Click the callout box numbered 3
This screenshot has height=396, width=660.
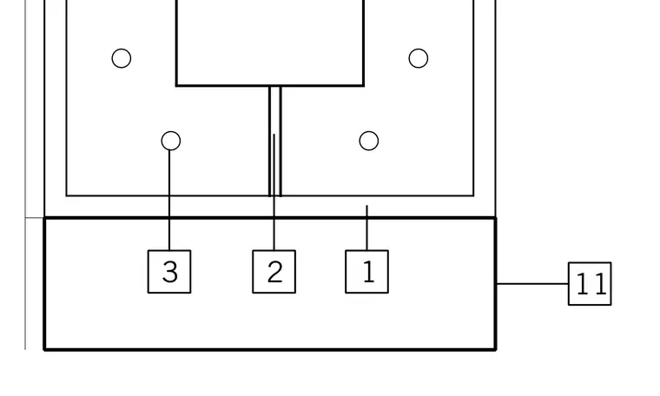point(169,272)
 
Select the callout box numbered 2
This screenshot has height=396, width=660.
point(274,272)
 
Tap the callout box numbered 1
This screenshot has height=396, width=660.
point(367,272)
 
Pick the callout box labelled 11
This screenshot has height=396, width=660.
point(590,284)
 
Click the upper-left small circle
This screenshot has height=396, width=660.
point(122,58)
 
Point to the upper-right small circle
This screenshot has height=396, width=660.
point(419,58)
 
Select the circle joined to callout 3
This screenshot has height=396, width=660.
point(171,141)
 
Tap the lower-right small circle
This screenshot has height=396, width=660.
point(369,141)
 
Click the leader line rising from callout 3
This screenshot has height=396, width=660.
point(169,201)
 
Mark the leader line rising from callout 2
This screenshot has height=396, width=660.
point(274,192)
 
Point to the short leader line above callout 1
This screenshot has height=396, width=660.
point(367,228)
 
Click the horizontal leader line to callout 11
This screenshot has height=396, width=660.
point(532,284)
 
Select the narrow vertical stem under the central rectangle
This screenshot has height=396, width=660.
point(275,141)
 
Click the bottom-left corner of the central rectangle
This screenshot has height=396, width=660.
point(176,85)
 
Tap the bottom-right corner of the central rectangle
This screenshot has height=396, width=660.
point(364,85)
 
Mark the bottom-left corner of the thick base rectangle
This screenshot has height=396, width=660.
point(44,349)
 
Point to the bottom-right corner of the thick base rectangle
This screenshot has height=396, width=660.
point(496,349)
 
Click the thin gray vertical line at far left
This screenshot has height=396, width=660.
point(25,175)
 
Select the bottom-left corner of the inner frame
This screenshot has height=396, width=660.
point(67,195)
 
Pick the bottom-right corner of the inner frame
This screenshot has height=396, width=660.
point(474,195)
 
